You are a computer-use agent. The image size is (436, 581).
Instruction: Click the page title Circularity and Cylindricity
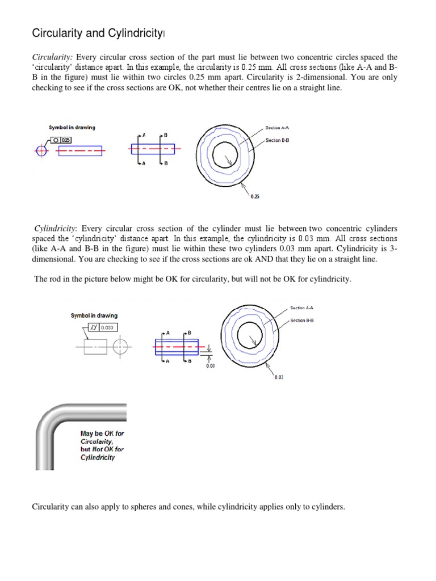pos(97,34)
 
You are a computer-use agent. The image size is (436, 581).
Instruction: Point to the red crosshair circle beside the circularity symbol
pos(40,151)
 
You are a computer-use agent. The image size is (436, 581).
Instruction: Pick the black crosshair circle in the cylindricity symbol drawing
pos(120,346)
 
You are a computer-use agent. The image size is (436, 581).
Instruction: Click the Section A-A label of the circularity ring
pos(278,128)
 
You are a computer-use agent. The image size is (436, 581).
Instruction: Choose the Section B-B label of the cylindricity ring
pos(302,321)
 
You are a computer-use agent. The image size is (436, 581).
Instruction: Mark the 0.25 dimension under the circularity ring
pos(255,196)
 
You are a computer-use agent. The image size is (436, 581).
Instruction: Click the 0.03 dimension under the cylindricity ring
pos(279,377)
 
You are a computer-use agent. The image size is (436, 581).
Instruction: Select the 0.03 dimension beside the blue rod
pos(210,366)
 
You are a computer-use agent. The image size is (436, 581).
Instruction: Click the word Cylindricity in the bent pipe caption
pos(98,457)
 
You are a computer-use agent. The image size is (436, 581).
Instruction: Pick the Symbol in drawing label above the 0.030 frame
pos(94,315)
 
